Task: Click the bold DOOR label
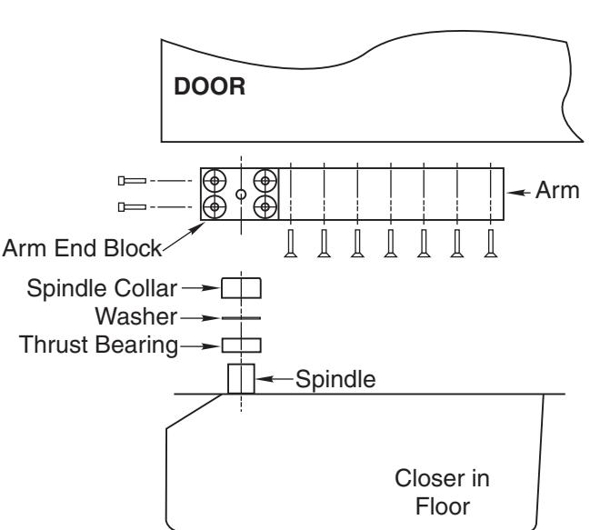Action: tap(210, 86)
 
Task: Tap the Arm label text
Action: tap(557, 191)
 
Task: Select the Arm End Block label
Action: tap(82, 248)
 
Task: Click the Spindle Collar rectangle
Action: tap(241, 288)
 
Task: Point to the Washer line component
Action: tap(241, 318)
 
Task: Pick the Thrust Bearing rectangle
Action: tap(241, 345)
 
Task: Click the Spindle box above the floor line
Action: tap(241, 378)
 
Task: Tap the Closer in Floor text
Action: tap(443, 492)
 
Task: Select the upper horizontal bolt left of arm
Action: tap(132, 181)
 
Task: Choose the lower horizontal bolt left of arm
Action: tap(132, 207)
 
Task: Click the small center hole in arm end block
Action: tap(241, 195)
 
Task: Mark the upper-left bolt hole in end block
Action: tap(215, 181)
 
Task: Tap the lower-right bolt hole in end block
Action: tap(265, 207)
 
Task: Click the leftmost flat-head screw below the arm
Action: tap(291, 244)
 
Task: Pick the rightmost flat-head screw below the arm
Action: tap(491, 244)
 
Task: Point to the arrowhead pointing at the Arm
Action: tap(514, 192)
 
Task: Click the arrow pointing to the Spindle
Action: tap(275, 378)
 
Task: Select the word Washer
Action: tap(136, 316)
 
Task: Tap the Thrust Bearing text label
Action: tap(98, 345)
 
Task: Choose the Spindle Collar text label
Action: tap(102, 288)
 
